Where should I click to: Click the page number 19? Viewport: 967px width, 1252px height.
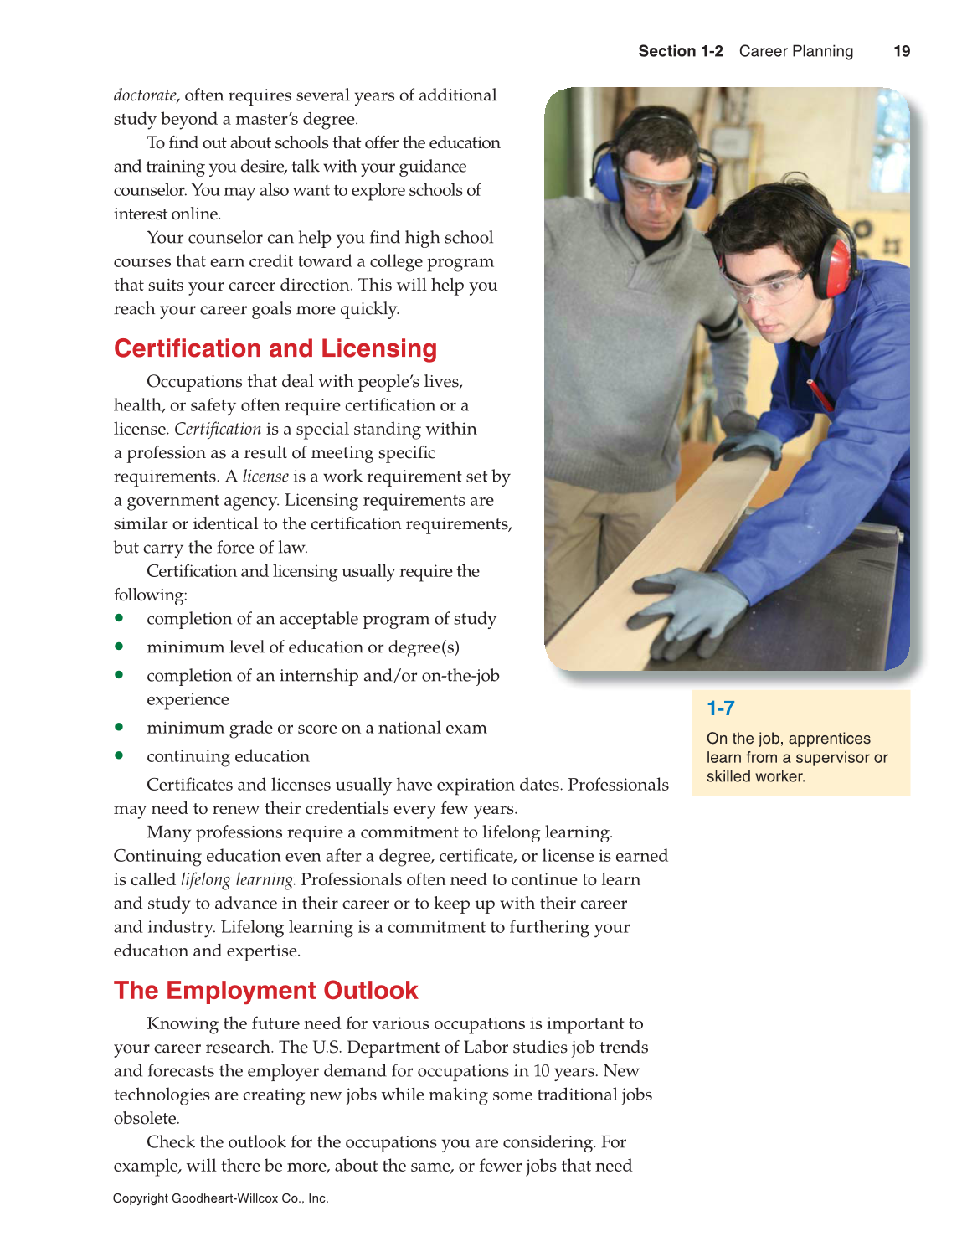click(902, 51)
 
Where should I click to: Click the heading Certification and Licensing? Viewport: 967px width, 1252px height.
click(275, 348)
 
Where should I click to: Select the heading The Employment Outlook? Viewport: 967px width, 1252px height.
click(265, 990)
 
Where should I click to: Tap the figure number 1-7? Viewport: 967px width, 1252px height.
click(720, 708)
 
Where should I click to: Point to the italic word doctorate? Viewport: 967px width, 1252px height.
click(145, 95)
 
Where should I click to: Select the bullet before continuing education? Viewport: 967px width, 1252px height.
click(120, 755)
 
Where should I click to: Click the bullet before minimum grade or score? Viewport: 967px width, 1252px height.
click(120, 727)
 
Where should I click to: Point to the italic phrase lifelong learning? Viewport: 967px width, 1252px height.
click(238, 879)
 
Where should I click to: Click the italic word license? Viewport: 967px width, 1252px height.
click(265, 477)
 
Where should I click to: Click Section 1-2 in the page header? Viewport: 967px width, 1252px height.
click(680, 51)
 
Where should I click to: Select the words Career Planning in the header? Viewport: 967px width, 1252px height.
click(795, 51)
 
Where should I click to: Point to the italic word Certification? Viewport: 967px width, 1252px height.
click(218, 429)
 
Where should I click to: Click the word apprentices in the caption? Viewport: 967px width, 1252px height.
click(829, 739)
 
